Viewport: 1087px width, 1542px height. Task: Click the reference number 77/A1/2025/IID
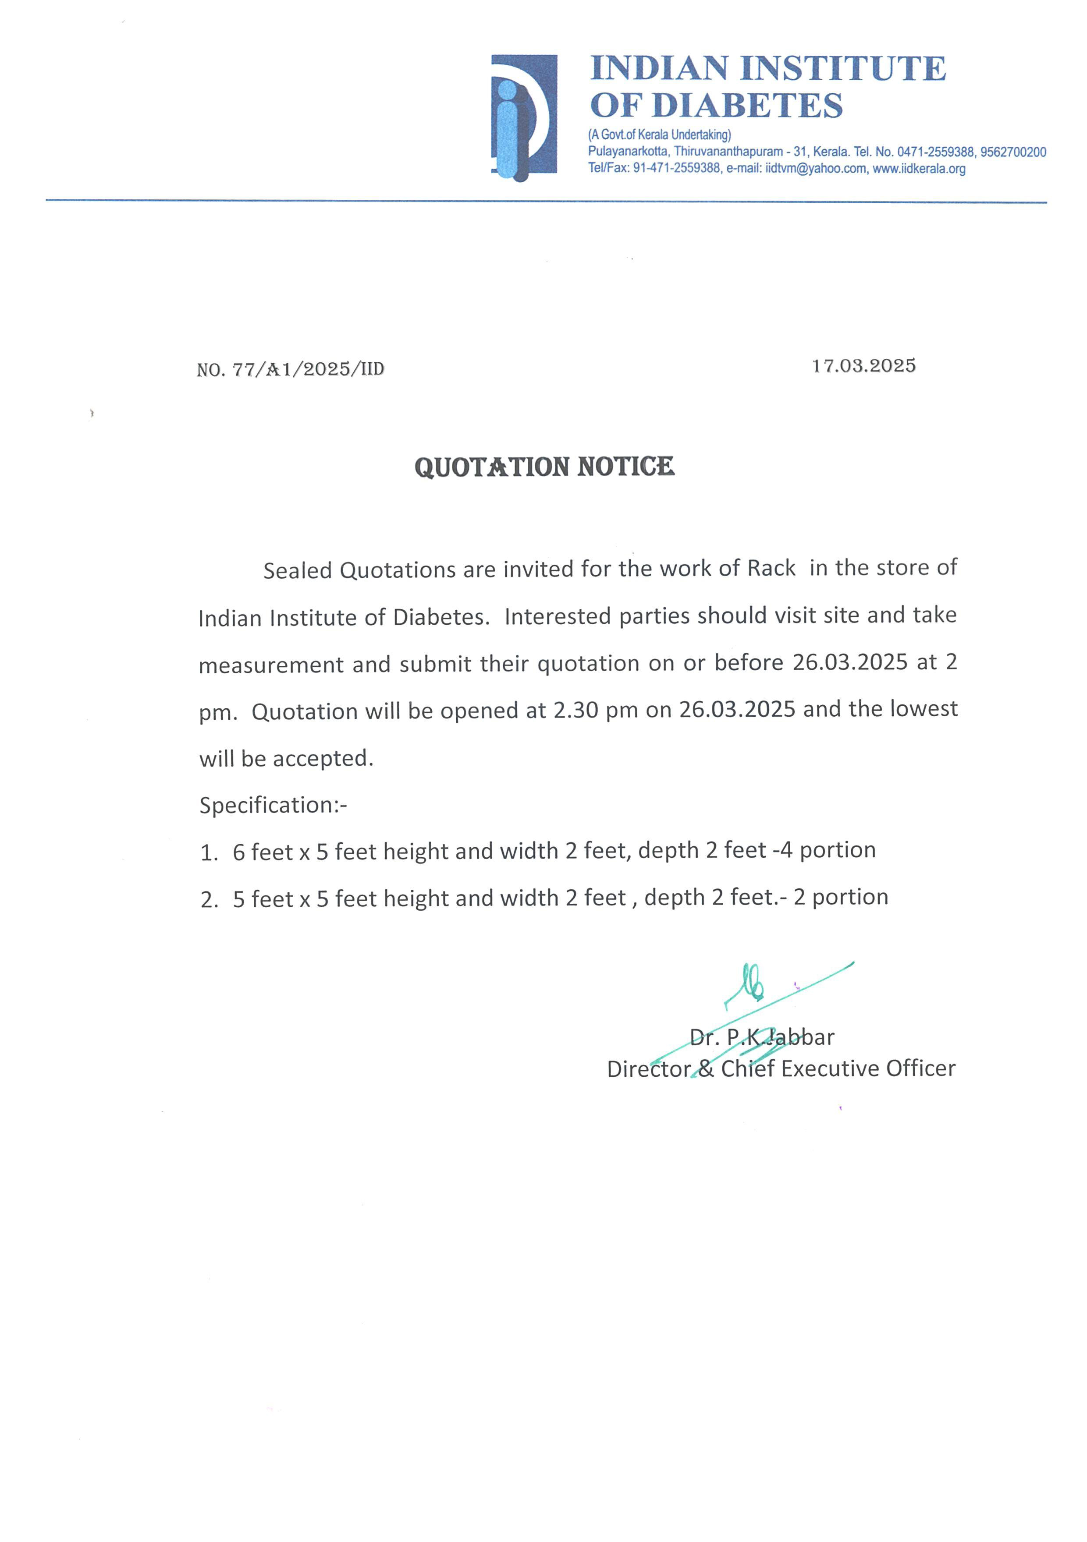coord(309,369)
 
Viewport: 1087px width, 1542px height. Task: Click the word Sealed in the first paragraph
coord(298,570)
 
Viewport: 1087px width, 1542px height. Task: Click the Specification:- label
coord(273,805)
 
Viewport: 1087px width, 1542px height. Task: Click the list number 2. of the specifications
coord(210,900)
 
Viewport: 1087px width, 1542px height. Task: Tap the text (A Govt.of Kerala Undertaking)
coord(659,135)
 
